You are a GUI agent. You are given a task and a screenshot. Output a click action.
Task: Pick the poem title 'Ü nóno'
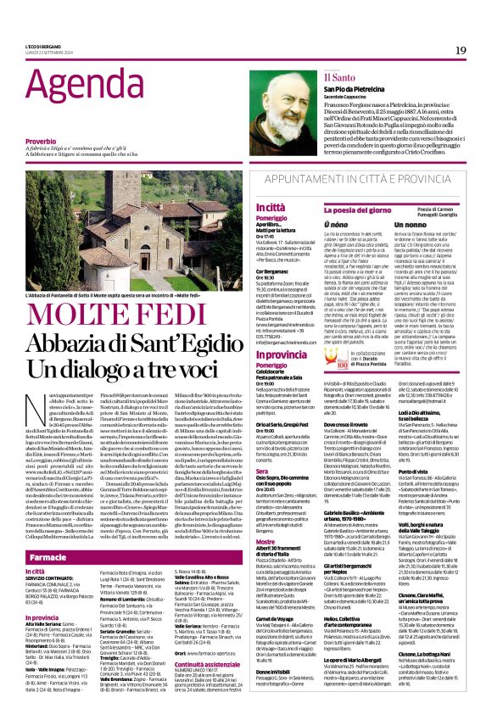(x=311, y=224)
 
